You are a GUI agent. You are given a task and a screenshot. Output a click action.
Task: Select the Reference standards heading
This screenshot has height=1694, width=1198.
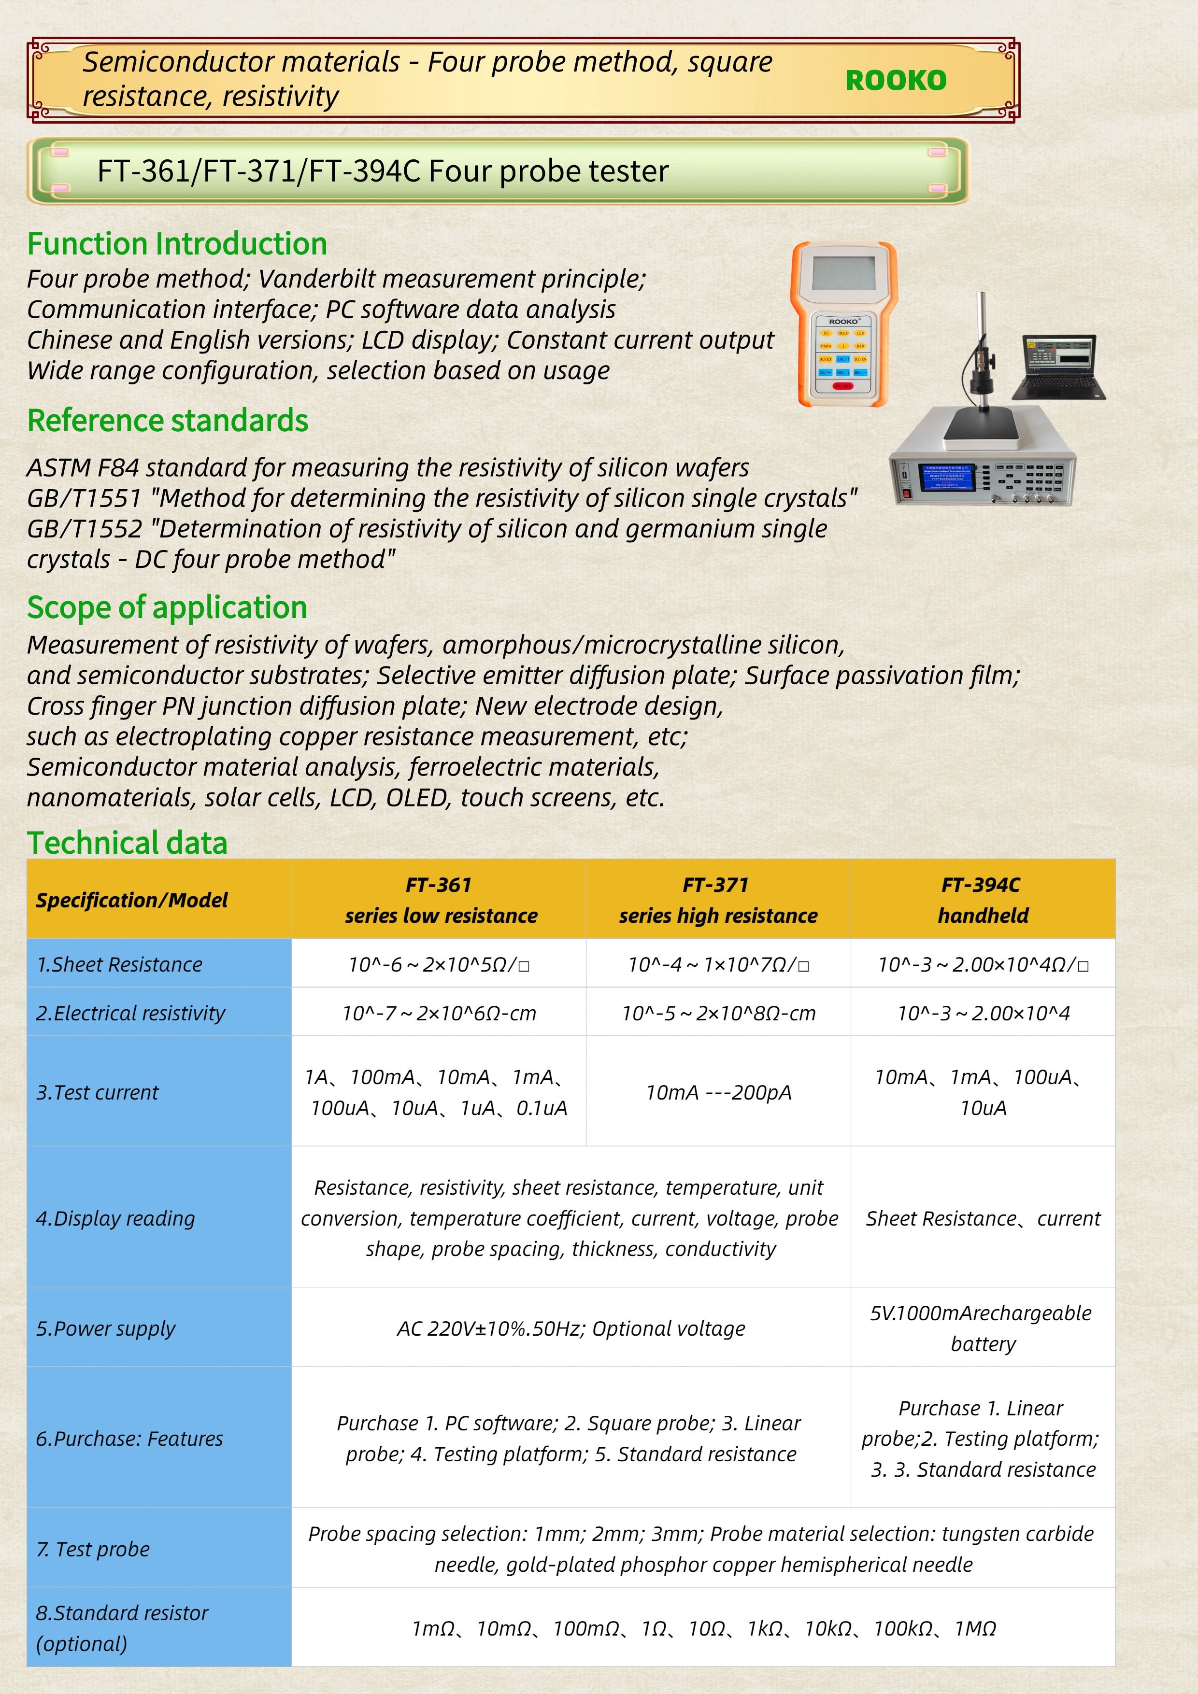pos(168,421)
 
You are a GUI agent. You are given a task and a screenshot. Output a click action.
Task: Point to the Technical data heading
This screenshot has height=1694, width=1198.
pos(127,843)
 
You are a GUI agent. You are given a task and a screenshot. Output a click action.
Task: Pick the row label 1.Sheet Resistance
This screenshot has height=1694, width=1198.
pos(120,964)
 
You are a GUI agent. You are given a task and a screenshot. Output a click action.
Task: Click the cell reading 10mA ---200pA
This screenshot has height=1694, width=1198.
pos(717,1092)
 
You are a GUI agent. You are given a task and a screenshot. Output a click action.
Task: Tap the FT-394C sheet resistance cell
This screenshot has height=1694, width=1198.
pos(983,964)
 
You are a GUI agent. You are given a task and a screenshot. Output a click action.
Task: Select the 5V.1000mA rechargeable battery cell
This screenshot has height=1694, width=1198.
pos(983,1328)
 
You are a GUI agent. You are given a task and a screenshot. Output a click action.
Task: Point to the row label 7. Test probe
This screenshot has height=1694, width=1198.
pos(93,1549)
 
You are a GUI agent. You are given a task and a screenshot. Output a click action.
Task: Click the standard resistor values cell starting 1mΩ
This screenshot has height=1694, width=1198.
pos(703,1628)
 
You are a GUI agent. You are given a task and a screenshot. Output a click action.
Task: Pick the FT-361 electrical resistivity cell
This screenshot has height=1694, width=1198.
pos(439,1013)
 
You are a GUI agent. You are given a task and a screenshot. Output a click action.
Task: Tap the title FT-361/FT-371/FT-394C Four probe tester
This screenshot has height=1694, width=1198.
pos(383,171)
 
